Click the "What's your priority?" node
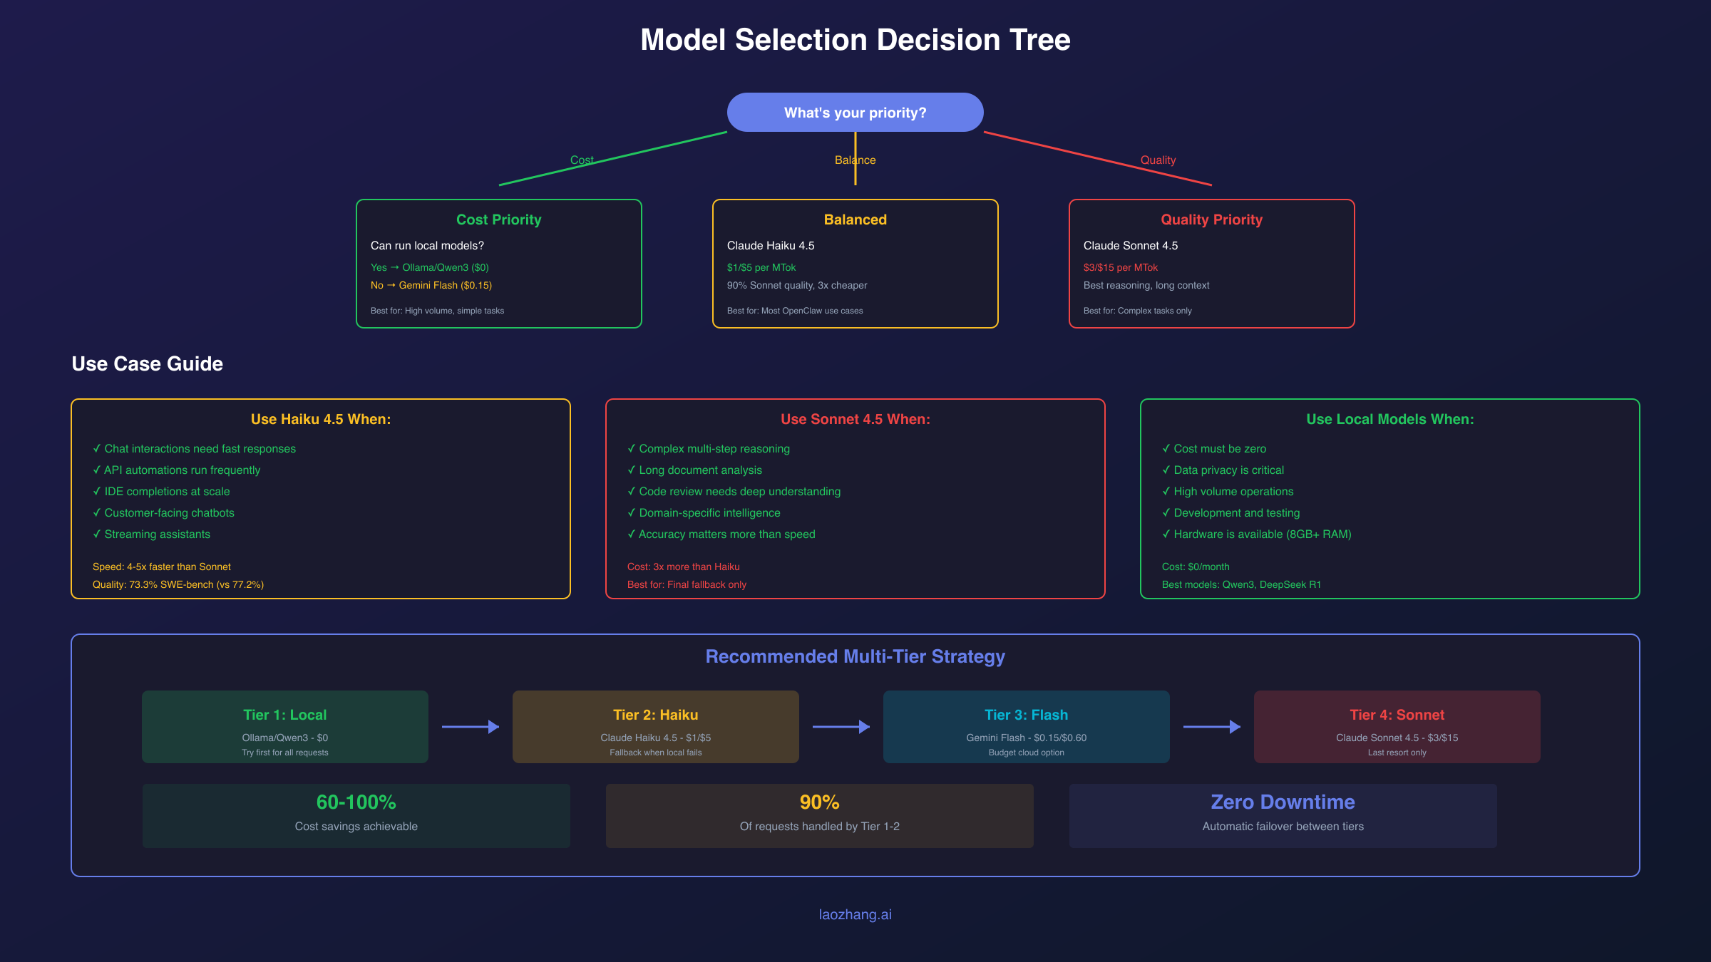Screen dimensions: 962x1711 (855, 113)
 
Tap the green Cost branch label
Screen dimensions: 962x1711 (581, 160)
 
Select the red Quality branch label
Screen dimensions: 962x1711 (1158, 160)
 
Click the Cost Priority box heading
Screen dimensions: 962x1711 (498, 219)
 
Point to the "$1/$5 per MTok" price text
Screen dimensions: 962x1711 (761, 267)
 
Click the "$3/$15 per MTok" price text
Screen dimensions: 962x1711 (1120, 267)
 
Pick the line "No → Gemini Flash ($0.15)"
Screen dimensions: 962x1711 (431, 285)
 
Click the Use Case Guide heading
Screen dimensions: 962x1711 (147, 363)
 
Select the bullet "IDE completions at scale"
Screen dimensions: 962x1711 (166, 491)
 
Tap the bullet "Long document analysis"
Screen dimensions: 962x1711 (699, 470)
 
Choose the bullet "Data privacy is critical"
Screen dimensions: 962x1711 (1228, 470)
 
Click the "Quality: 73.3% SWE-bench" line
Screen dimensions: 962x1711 (178, 584)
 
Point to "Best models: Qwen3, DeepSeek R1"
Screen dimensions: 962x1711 (1240, 584)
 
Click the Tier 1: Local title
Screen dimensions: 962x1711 (284, 715)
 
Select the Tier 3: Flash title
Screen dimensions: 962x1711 (1026, 715)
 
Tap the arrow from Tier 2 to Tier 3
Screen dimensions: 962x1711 (841, 727)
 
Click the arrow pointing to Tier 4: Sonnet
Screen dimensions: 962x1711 (1212, 727)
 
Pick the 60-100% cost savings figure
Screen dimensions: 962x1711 (356, 802)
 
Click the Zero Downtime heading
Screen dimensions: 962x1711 (1283, 802)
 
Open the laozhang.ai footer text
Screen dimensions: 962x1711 (855, 914)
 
